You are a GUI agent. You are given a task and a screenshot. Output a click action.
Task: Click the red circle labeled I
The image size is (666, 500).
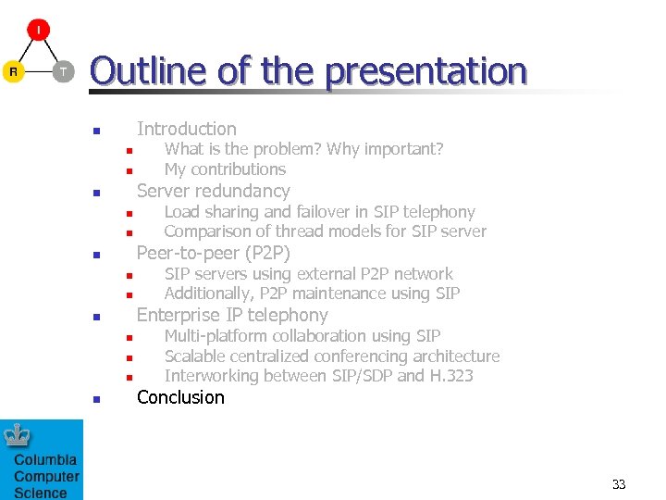pyautogui.click(x=38, y=31)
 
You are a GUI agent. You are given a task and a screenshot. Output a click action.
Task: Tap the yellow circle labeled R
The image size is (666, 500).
pyautogui.click(x=13, y=71)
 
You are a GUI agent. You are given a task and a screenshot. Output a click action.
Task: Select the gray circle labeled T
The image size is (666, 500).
pyautogui.click(x=63, y=71)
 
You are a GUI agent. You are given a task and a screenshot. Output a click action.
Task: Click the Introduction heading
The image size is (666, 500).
pyautogui.click(x=186, y=129)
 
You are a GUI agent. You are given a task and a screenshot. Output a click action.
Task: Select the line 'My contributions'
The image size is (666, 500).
pyautogui.click(x=225, y=169)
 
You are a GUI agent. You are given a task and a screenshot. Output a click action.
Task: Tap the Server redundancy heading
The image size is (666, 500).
pyautogui.click(x=213, y=191)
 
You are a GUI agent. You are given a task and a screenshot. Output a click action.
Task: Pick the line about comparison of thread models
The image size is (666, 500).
pyautogui.click(x=325, y=231)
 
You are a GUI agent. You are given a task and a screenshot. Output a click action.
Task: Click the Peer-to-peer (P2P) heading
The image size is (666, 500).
pyautogui.click(x=213, y=253)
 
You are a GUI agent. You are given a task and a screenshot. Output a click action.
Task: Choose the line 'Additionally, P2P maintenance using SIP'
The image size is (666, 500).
pyautogui.click(x=312, y=294)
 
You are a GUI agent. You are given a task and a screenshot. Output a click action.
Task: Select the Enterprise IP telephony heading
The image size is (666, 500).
pyautogui.click(x=232, y=315)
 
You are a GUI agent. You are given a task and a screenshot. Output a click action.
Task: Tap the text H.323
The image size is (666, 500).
pyautogui.click(x=451, y=376)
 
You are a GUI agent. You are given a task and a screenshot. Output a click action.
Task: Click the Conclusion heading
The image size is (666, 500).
pyautogui.click(x=180, y=397)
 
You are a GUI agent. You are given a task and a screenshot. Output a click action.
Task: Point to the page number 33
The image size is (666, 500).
pyautogui.click(x=619, y=484)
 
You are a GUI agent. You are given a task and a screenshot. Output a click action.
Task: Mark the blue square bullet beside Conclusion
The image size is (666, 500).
pyautogui.click(x=95, y=400)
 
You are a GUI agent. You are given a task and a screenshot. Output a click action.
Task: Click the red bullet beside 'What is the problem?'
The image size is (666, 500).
pyautogui.click(x=130, y=151)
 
